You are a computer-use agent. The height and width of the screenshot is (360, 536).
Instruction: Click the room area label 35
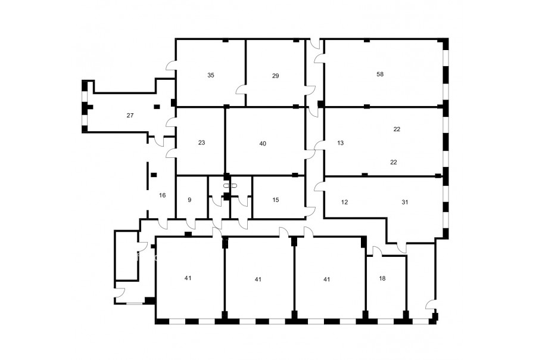click(x=211, y=75)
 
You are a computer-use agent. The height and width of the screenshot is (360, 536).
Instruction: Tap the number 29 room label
click(x=276, y=76)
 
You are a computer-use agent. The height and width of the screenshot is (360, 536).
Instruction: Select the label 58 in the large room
click(x=380, y=75)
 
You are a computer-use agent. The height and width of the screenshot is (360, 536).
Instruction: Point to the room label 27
click(x=130, y=116)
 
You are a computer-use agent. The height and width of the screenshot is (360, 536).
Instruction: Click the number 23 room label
click(x=201, y=142)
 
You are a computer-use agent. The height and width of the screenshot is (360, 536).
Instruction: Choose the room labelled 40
click(x=263, y=144)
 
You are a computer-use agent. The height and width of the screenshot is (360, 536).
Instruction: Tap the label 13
click(x=341, y=143)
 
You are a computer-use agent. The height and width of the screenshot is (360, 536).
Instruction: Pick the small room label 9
click(x=190, y=200)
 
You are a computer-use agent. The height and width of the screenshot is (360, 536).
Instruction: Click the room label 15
click(x=276, y=200)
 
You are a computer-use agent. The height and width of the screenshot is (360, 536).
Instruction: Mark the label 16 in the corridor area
click(x=163, y=195)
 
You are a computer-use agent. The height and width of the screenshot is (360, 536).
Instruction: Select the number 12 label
click(x=345, y=202)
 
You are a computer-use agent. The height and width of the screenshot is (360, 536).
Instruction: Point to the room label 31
click(x=405, y=202)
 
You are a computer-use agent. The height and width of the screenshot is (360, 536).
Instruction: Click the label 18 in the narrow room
click(x=382, y=278)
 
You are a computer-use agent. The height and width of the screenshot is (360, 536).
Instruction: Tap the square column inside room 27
click(x=157, y=107)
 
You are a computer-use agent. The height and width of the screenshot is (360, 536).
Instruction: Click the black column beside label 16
click(x=154, y=175)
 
